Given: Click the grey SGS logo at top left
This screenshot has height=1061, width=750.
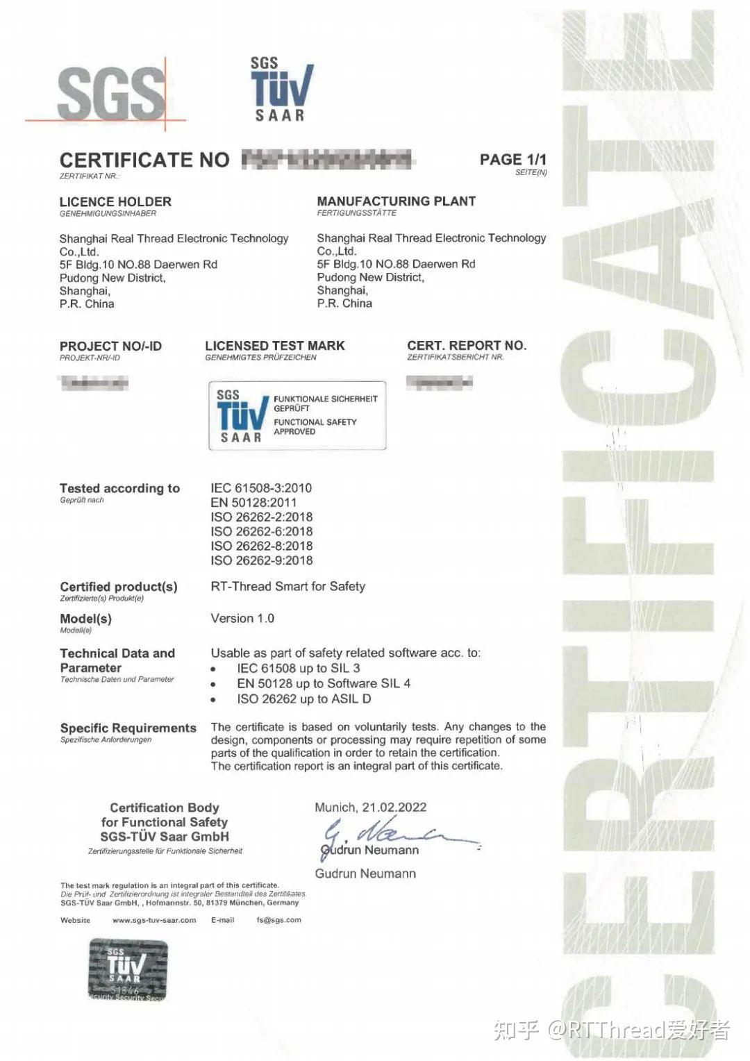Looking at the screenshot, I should (111, 93).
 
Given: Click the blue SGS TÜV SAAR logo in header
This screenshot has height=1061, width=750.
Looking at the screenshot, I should (281, 90).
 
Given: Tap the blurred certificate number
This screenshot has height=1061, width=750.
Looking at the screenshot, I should (326, 160).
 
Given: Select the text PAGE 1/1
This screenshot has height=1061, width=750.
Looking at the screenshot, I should (512, 160).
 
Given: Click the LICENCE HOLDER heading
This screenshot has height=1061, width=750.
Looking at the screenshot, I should (115, 202).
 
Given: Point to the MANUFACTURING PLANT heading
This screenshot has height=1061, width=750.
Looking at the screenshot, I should (396, 201).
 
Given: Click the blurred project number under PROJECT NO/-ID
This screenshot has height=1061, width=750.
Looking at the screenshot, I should (94, 383).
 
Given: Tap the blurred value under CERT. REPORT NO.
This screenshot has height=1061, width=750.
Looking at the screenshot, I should (439, 382).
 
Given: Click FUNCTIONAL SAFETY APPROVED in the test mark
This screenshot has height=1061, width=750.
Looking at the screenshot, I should (315, 426).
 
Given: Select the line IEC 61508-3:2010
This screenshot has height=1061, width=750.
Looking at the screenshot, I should (261, 488).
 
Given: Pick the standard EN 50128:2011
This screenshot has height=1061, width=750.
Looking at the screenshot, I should (253, 503).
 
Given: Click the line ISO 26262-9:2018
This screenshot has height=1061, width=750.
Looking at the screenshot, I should (261, 560).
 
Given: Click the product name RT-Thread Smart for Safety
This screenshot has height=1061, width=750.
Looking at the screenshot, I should (287, 587).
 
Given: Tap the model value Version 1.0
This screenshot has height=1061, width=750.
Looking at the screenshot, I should (242, 619).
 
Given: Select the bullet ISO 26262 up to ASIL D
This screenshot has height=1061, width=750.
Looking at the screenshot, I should (303, 699).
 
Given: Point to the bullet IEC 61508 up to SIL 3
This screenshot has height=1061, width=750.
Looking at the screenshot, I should (298, 669).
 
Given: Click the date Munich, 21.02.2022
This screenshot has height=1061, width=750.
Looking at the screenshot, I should (370, 808).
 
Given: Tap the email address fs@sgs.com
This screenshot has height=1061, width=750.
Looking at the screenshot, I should (278, 920).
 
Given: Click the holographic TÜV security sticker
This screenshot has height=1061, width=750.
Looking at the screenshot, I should (128, 969).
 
